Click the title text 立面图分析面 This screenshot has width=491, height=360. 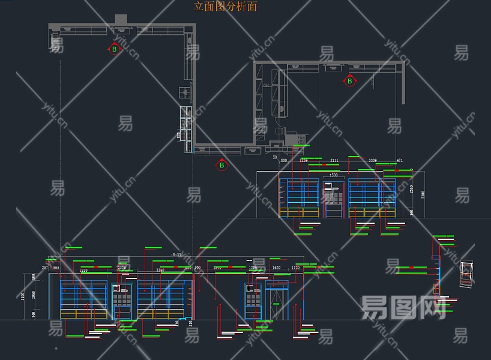click(225, 7)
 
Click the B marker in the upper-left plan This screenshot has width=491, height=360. click(114, 49)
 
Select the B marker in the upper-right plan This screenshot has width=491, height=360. click(349, 80)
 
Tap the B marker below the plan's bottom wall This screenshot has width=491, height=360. click(221, 165)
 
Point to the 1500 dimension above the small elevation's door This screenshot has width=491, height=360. click(333, 175)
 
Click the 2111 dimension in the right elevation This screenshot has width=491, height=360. click(334, 161)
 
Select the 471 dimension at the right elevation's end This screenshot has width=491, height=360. click(400, 161)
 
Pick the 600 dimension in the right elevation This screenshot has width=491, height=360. click(284, 161)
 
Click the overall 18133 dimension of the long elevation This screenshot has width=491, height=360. click(176, 256)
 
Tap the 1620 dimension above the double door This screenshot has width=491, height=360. click(276, 268)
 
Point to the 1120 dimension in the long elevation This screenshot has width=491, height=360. click(295, 268)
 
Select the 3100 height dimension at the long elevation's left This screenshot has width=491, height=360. click(23, 295)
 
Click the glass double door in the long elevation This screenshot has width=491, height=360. click(277, 303)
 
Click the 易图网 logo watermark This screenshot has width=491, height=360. click(403, 307)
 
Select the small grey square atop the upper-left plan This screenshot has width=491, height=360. click(121, 19)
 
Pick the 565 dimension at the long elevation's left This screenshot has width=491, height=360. click(56, 268)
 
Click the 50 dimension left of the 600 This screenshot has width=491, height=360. click(274, 157)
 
